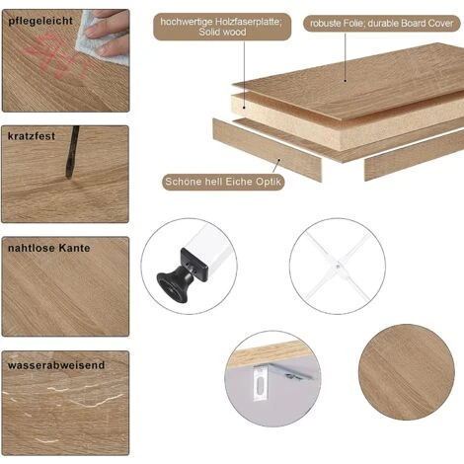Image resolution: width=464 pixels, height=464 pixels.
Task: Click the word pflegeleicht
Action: coord(40,21)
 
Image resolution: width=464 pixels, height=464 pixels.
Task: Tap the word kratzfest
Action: coord(32,136)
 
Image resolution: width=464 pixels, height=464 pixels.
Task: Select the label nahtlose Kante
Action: coord(49,248)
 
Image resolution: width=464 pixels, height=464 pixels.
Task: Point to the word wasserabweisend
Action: coord(56,365)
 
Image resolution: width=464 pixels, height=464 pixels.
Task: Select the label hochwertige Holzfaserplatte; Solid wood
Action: coord(222,27)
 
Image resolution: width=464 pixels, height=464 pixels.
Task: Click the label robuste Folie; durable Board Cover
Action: coord(382,24)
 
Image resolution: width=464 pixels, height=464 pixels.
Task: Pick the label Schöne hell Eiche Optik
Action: coord(223,182)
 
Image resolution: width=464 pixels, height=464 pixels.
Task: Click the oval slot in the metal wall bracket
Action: coord(260,384)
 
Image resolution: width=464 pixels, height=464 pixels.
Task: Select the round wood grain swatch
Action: coord(407,372)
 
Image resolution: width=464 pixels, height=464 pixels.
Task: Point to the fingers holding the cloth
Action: coord(109,33)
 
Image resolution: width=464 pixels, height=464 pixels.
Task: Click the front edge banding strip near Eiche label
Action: coord(267,150)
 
